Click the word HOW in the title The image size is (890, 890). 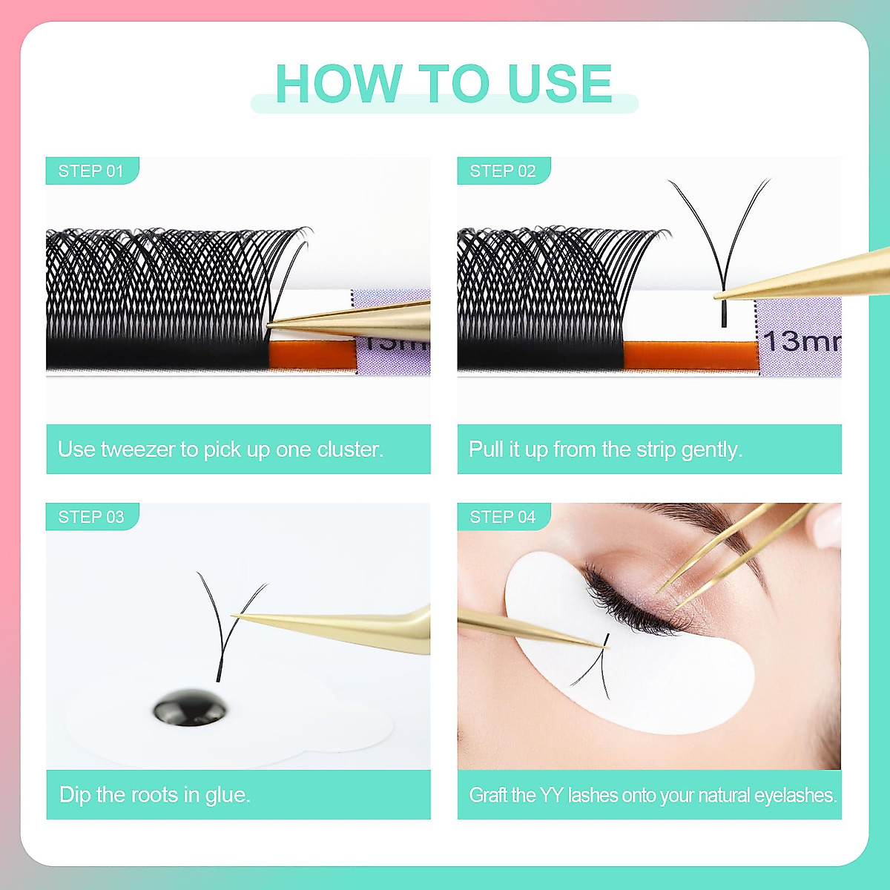(x=337, y=83)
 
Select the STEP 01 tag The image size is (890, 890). (x=91, y=171)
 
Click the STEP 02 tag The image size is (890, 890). (x=503, y=171)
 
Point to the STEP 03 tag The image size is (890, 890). (x=91, y=517)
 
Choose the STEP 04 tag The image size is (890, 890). (x=503, y=517)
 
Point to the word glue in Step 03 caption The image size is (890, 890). (x=227, y=795)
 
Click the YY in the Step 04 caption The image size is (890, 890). (x=551, y=795)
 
